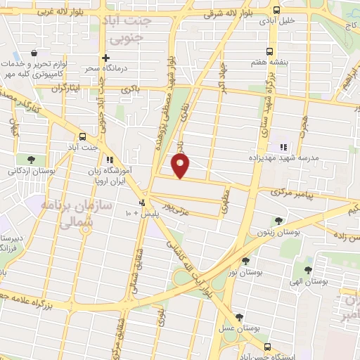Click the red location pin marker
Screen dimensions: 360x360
coord(181,166)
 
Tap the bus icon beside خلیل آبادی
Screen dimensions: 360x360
coord(276,11)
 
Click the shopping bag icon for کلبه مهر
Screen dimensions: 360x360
coord(34,53)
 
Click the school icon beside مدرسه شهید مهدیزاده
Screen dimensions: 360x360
coord(283,147)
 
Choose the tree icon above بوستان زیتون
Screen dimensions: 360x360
coord(279,220)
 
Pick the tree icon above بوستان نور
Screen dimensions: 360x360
coord(245,261)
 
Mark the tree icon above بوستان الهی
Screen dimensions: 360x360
coord(308,269)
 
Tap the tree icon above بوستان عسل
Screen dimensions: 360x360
coord(239,317)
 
